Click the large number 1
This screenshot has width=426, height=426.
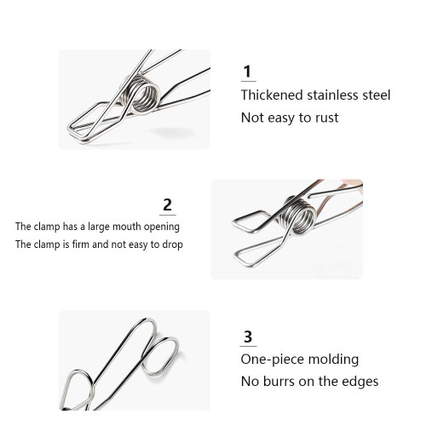[248, 72]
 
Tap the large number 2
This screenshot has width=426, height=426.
[167, 204]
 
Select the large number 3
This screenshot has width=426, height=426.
[248, 337]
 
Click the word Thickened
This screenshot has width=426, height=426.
[272, 95]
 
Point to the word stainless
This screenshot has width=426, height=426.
[332, 95]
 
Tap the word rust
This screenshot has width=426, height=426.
[326, 118]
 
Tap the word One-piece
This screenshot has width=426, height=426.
[272, 360]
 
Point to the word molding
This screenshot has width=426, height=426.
[333, 360]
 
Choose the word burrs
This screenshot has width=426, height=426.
[279, 382]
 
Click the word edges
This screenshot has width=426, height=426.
[360, 382]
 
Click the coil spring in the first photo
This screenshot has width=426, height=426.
[143, 94]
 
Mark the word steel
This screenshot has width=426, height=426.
[377, 95]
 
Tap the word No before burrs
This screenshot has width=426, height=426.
[250, 382]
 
